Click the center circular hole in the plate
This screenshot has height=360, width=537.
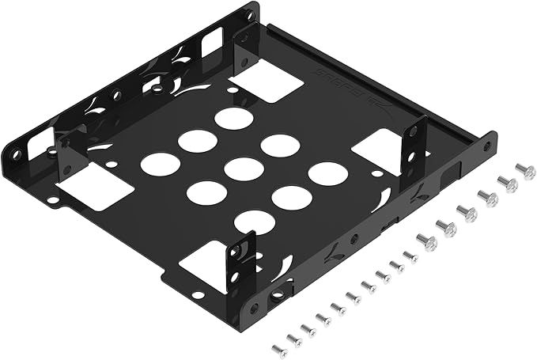[243, 169]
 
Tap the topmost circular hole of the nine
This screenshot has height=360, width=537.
[233, 119]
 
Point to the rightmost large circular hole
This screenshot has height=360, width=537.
[325, 173]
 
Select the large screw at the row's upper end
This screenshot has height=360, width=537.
[525, 171]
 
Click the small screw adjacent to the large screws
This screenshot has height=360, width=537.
[409, 256]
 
